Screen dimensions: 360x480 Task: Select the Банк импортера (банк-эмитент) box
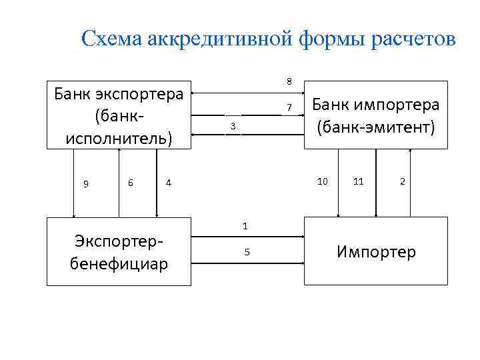click(x=375, y=115)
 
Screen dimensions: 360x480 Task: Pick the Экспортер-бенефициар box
click(x=119, y=252)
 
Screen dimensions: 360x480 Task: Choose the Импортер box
click(x=375, y=252)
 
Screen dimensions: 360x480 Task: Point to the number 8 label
click(x=289, y=82)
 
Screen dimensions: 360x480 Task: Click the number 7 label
click(x=289, y=108)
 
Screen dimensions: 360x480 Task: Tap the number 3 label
click(x=233, y=127)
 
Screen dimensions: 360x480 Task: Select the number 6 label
click(x=131, y=181)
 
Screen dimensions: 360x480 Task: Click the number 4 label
click(x=169, y=182)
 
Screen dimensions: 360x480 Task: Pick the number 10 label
click(x=323, y=181)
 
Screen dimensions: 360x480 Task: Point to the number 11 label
click(x=359, y=181)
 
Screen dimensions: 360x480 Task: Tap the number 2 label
click(x=402, y=181)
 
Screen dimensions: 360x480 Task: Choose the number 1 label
click(x=245, y=226)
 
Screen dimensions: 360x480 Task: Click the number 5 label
click(x=246, y=252)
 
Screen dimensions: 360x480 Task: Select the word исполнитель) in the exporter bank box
click(x=119, y=137)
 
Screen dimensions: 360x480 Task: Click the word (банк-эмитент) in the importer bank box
click(x=375, y=125)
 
